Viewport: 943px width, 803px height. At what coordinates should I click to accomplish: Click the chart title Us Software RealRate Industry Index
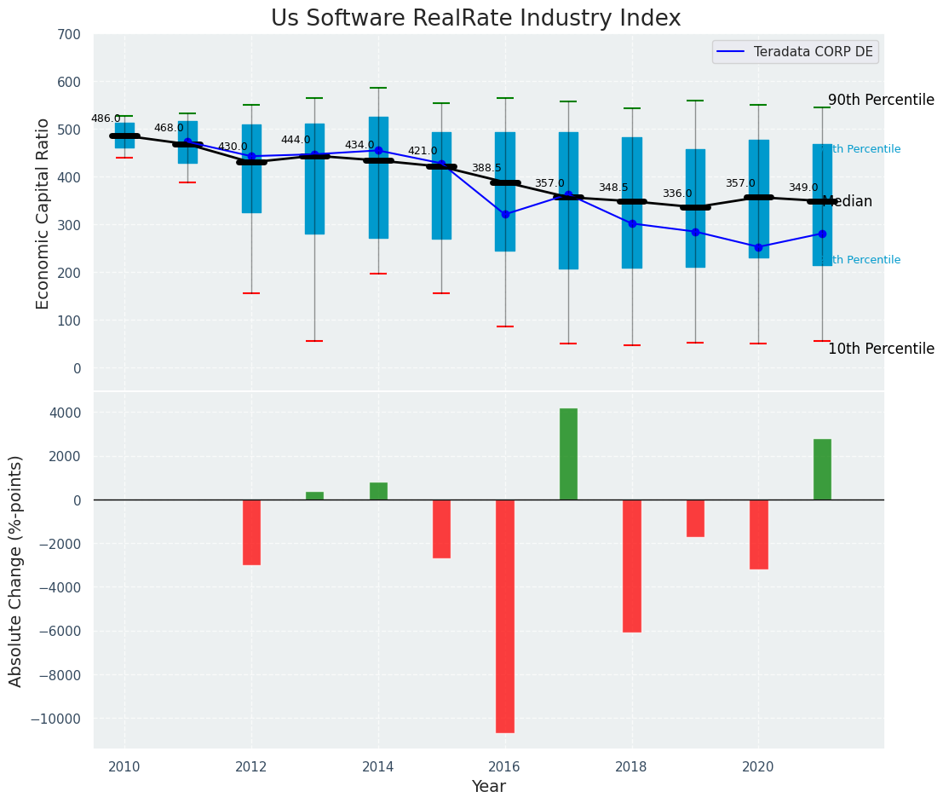[475, 19]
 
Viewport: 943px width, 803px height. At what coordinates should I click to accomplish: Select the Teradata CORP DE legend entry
[796, 52]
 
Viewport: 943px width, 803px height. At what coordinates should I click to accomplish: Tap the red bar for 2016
[505, 615]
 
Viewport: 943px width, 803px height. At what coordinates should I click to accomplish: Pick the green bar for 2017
[568, 453]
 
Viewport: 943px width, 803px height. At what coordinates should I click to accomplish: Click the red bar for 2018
[632, 565]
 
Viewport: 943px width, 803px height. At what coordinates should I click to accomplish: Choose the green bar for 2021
[822, 469]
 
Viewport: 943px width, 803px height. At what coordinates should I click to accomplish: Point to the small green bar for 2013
[314, 495]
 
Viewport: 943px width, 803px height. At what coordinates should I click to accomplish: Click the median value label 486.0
[106, 118]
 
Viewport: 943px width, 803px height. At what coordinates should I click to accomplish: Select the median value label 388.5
[486, 168]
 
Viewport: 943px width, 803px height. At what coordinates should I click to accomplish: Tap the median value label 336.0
[677, 194]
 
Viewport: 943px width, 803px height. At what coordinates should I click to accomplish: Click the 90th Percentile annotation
[881, 100]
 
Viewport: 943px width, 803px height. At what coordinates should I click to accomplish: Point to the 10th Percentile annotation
[881, 349]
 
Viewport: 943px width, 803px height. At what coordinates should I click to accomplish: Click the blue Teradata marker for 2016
[505, 214]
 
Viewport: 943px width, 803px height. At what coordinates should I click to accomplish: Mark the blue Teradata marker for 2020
[758, 247]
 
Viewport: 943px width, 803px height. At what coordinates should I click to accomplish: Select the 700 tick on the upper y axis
[68, 35]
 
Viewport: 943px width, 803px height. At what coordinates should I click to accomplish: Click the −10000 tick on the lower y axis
[56, 719]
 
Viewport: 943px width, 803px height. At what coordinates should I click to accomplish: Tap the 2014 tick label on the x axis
[377, 766]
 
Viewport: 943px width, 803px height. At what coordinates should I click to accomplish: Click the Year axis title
[488, 787]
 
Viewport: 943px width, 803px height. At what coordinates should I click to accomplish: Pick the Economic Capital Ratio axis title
[43, 213]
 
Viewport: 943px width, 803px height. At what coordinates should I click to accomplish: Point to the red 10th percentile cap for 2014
[378, 274]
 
